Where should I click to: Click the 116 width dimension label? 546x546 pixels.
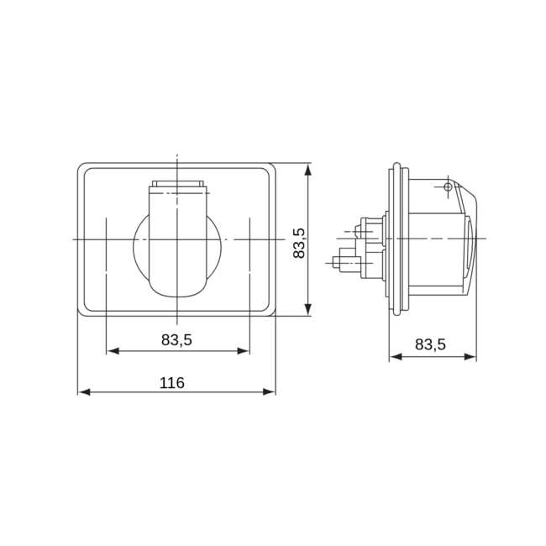click(171, 383)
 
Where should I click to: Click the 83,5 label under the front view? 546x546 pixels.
click(176, 339)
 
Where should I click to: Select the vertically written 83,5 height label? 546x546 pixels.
click(299, 243)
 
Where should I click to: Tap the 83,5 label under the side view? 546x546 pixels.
click(430, 344)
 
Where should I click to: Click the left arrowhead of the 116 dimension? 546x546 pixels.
click(83, 392)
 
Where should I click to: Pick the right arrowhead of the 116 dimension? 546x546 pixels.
click(269, 392)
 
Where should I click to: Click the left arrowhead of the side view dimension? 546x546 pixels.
click(396, 356)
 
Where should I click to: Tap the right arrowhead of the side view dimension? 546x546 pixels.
click(470, 356)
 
